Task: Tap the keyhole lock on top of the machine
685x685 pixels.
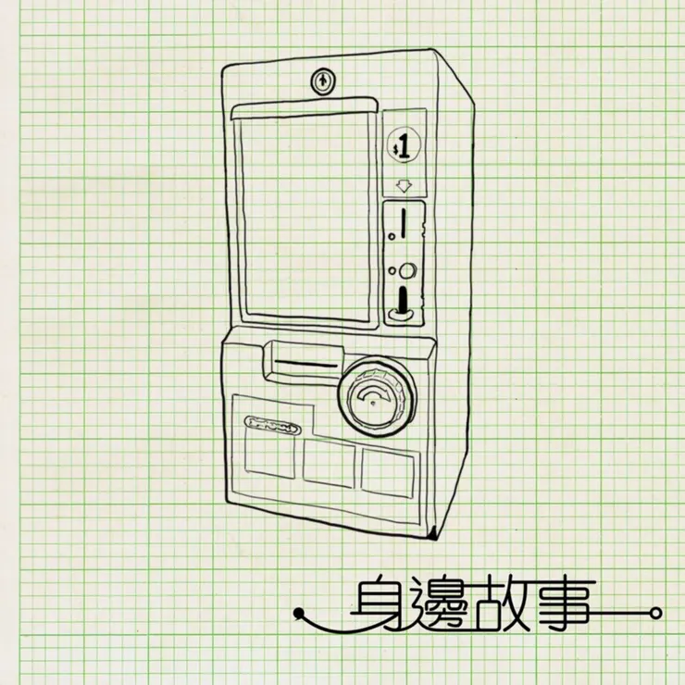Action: tap(321, 81)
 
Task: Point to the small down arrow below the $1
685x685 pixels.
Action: tap(404, 186)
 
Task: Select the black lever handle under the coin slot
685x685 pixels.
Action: tap(403, 303)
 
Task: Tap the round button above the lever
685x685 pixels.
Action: tap(406, 271)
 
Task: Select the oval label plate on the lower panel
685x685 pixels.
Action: tap(270, 427)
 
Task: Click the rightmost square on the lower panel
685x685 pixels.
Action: tap(386, 471)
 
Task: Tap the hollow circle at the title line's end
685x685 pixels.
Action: tap(656, 612)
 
